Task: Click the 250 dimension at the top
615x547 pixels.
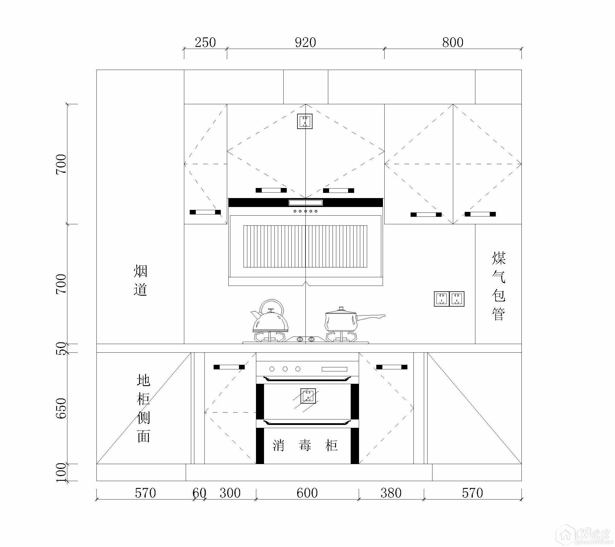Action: (x=205, y=42)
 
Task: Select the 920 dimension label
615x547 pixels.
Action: (x=305, y=42)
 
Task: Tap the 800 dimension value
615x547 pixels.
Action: (x=453, y=42)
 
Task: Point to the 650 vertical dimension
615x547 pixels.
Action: (x=61, y=408)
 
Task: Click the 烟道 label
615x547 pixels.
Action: (x=141, y=280)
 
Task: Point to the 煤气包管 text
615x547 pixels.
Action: (x=499, y=286)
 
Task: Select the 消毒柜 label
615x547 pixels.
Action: (x=305, y=445)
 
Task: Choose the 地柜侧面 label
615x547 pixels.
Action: (x=143, y=408)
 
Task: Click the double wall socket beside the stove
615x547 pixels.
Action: (x=449, y=299)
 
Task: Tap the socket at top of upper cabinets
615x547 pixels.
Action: (x=305, y=121)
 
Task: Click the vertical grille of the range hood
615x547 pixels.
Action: (x=305, y=246)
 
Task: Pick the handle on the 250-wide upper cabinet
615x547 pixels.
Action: (x=205, y=212)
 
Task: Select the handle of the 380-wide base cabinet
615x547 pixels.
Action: (x=392, y=367)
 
